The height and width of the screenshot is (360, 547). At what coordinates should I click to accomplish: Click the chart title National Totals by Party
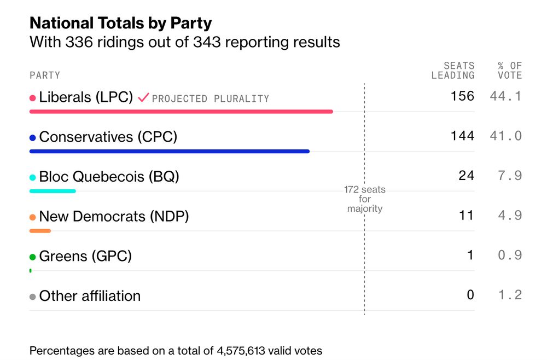click(x=120, y=23)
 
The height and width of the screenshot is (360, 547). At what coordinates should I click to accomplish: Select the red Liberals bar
click(x=181, y=112)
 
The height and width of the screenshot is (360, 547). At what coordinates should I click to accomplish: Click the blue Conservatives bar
click(x=169, y=151)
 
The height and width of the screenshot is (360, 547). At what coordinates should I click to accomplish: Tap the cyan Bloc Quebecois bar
click(x=53, y=191)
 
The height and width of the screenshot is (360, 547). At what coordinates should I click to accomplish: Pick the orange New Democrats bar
click(x=40, y=231)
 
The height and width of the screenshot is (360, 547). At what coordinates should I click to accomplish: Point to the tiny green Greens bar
click(x=30, y=270)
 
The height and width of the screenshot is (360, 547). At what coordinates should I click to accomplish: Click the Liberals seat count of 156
click(x=462, y=96)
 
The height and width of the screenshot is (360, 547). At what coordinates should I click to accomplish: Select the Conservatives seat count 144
click(x=462, y=136)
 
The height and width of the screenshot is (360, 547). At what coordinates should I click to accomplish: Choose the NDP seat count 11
click(x=466, y=216)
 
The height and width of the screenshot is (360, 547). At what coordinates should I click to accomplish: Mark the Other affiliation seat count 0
click(x=470, y=295)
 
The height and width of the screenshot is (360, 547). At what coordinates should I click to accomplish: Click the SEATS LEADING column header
click(x=453, y=71)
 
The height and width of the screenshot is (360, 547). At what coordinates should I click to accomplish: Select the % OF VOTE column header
click(x=510, y=71)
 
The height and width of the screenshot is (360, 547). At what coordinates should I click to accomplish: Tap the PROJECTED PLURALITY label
click(x=211, y=99)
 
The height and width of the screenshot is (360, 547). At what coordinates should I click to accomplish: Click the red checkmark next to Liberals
click(x=143, y=98)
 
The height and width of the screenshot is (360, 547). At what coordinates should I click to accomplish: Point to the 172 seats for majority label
click(x=365, y=199)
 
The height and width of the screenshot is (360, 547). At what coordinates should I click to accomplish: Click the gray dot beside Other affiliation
click(x=33, y=297)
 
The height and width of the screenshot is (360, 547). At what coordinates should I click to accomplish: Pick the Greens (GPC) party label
click(x=85, y=256)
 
